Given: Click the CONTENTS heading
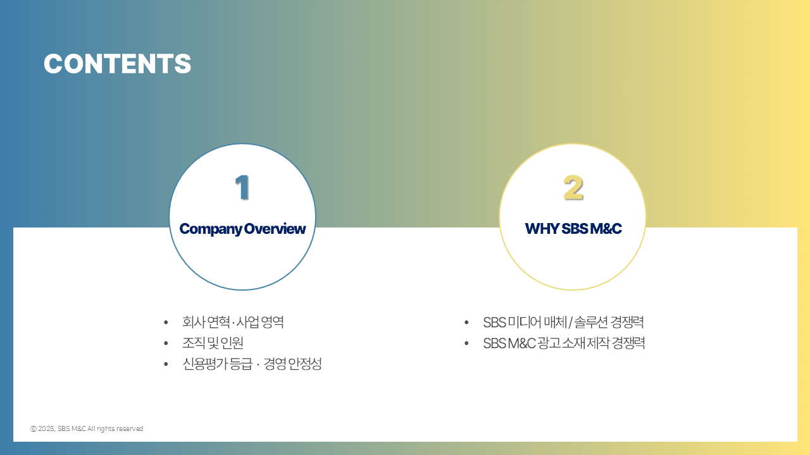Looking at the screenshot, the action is (x=118, y=64).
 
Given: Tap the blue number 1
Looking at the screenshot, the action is (x=242, y=187).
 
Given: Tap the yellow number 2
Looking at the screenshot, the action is (x=573, y=188).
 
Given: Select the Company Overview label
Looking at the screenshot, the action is (x=242, y=229).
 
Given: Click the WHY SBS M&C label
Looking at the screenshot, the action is (x=573, y=229).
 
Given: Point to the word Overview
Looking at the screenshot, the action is (x=275, y=229).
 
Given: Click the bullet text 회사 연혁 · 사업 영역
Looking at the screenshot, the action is (x=233, y=322).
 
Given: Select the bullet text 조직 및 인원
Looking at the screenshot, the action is (x=213, y=343).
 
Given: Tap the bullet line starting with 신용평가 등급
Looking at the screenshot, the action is (x=252, y=363).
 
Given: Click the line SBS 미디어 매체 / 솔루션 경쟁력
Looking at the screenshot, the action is (x=563, y=322).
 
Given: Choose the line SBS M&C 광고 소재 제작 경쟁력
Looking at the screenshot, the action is (x=564, y=343).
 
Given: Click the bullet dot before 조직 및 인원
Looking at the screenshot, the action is (x=166, y=343).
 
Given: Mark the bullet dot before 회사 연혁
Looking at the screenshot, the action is (x=166, y=322).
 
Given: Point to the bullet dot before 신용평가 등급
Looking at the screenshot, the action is (x=166, y=364).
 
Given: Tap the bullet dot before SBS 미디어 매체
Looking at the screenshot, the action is (x=466, y=322).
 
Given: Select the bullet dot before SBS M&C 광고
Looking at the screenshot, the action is (x=466, y=343).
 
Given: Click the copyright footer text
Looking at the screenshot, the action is (x=87, y=428).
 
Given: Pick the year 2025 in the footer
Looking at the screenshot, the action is (x=46, y=428).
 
